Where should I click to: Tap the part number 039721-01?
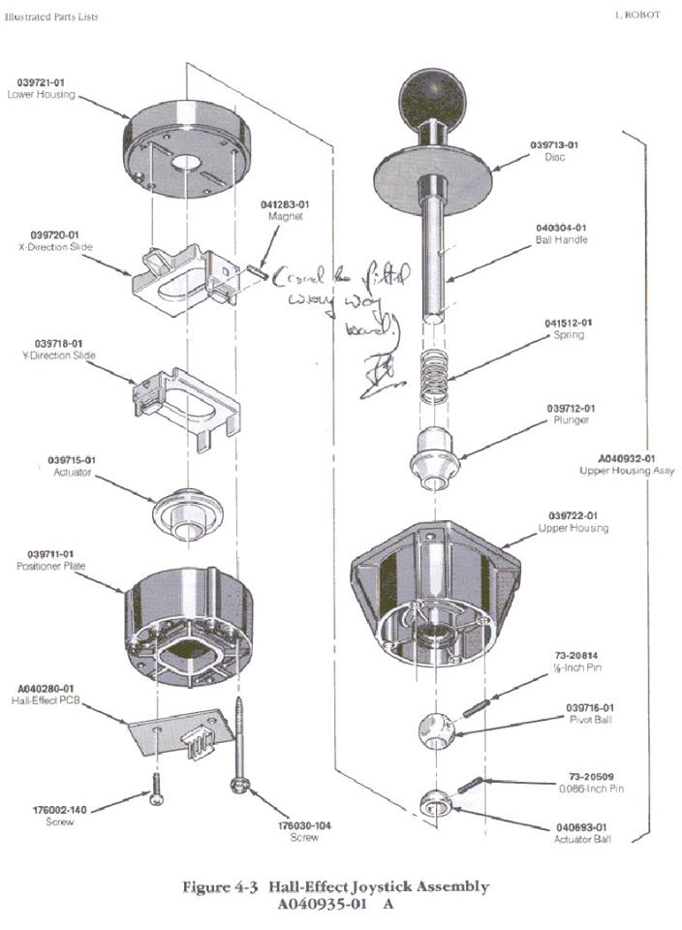[x=40, y=82]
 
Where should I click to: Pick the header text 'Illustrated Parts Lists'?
[x=51, y=16]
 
